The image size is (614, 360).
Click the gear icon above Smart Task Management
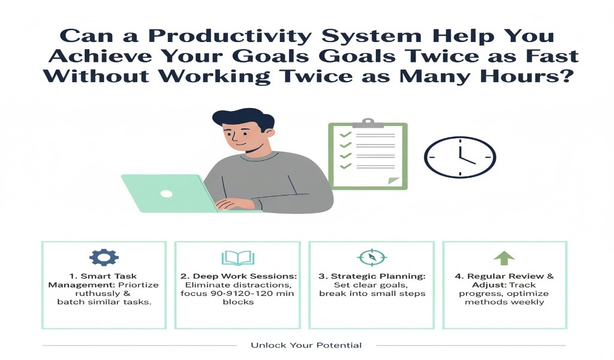coord(104,257)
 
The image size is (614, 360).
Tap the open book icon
coord(238,258)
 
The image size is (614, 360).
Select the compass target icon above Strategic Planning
coord(371,257)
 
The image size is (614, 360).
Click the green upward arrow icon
coord(504,258)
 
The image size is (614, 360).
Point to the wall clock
coord(460,157)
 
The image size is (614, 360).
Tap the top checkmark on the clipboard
coord(345,134)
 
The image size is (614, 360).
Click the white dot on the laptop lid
coord(166,193)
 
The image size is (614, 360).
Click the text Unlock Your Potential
coord(306,345)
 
